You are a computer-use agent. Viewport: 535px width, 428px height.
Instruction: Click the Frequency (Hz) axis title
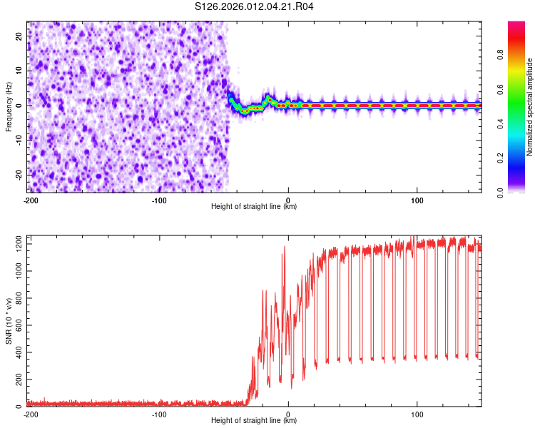point(9,107)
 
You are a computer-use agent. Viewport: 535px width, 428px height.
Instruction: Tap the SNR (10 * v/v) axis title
point(9,320)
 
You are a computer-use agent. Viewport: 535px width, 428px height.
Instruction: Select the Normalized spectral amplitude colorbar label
point(529,107)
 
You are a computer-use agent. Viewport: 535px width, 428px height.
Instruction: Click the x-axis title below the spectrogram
point(254,207)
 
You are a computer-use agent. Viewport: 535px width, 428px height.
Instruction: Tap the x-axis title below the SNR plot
point(254,421)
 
